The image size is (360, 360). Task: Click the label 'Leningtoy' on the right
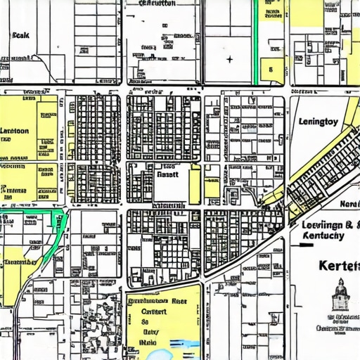[318, 122]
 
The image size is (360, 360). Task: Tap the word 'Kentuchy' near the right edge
[322, 236]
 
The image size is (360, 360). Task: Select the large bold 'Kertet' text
[339, 266]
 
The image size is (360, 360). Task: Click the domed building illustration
[340, 295]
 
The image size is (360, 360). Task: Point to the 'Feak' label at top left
[20, 34]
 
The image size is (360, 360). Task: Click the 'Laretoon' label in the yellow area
[15, 131]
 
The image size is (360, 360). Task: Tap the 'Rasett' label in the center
[167, 173]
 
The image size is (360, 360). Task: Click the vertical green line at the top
[255, 42]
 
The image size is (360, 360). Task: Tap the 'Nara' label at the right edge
[349, 204]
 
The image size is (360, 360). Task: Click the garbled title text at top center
[157, 4]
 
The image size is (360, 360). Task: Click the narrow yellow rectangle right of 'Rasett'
[195, 184]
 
